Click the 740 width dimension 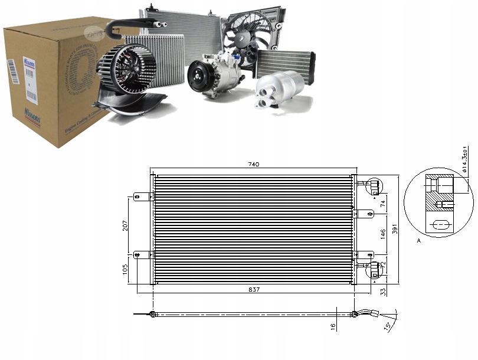(x=253, y=164)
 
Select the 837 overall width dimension (x=253, y=289)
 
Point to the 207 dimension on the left (x=126, y=225)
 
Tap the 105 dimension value (x=126, y=269)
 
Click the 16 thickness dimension (x=333, y=326)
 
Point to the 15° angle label (x=388, y=328)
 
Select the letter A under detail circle (x=418, y=241)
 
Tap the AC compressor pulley (x=198, y=78)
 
